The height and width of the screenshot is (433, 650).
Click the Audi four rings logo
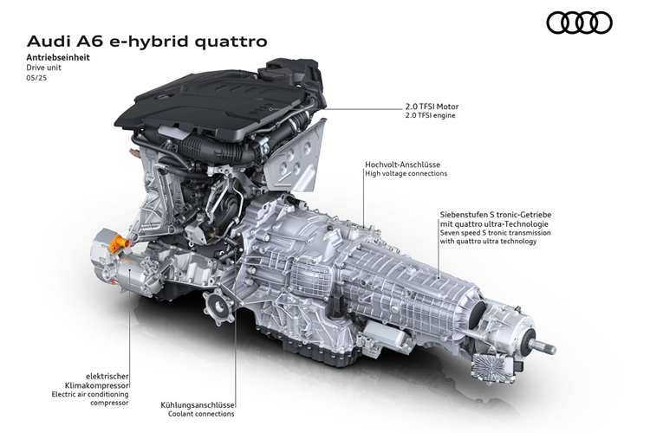(x=579, y=23)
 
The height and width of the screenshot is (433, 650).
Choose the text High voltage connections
(x=406, y=173)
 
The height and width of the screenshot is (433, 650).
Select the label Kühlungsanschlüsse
(x=198, y=404)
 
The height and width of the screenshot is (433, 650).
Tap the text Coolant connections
(x=198, y=415)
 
